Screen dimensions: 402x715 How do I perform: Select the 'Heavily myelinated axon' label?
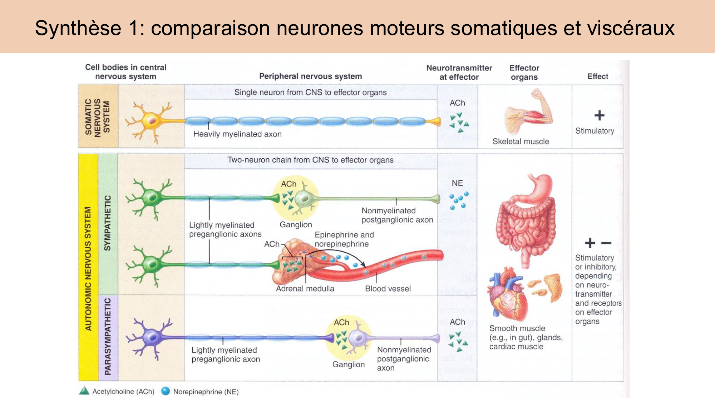click(x=237, y=134)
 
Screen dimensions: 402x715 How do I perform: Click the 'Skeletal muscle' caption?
click(x=521, y=142)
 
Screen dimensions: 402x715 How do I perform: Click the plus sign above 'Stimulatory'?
click(x=599, y=115)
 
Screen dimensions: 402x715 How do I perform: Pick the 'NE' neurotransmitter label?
click(x=457, y=183)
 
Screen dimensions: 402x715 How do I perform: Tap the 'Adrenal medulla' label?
click(x=305, y=289)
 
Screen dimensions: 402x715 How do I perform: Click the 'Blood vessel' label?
click(x=388, y=289)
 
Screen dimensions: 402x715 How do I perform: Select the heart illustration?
click(x=508, y=295)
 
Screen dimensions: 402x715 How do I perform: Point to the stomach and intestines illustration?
click(x=526, y=218)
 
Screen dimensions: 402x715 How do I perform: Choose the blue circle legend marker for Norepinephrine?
click(x=166, y=391)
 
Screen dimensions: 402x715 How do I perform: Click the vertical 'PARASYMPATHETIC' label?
click(x=108, y=337)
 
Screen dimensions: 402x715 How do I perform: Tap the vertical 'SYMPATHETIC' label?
click(x=107, y=223)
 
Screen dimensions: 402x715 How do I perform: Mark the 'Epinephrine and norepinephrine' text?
click(x=344, y=239)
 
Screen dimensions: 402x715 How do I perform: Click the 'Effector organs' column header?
click(x=524, y=73)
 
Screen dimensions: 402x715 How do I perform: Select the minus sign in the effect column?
click(x=606, y=243)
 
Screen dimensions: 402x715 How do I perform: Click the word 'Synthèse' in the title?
click(x=78, y=28)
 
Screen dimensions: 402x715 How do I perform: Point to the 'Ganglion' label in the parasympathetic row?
click(x=349, y=364)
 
